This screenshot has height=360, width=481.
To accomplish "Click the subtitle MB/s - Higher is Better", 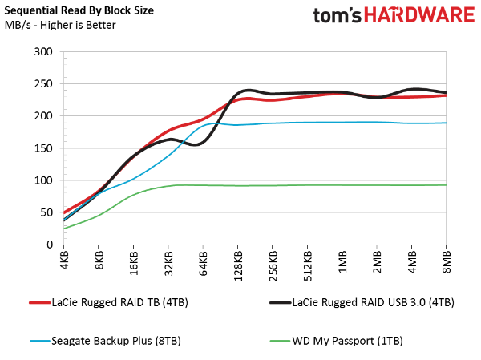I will click(x=59, y=26).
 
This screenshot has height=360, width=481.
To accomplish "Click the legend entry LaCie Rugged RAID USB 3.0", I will click(x=366, y=302).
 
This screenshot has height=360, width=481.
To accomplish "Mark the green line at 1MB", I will click(x=342, y=185).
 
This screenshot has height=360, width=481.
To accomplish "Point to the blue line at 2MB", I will click(x=377, y=122).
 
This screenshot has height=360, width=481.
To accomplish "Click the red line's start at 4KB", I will click(x=64, y=212).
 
